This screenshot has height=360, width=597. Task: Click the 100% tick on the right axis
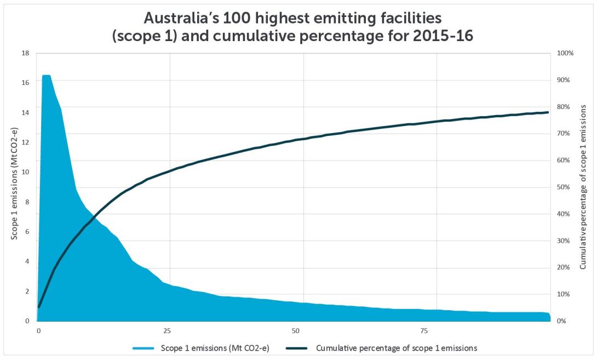(x=564, y=53)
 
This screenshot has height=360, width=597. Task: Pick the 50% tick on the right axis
(x=562, y=187)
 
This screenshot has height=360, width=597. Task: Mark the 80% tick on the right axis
(x=562, y=107)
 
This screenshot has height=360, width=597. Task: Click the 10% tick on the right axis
(x=562, y=294)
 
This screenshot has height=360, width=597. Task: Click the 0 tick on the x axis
(x=38, y=331)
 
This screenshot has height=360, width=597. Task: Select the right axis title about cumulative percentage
(x=584, y=186)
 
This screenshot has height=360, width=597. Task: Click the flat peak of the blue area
(x=47, y=76)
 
